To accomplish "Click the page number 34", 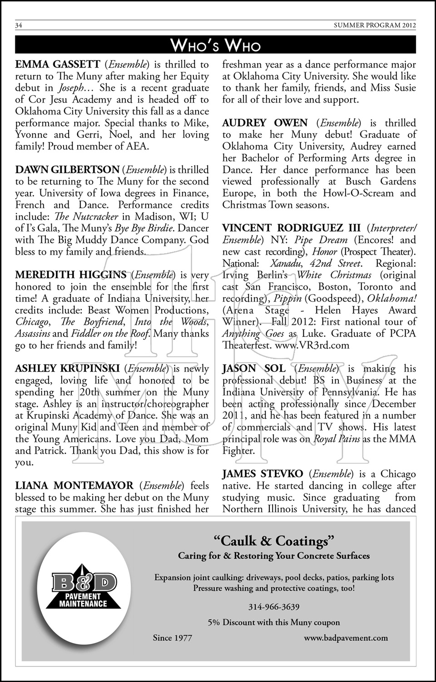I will pyautogui.click(x=19, y=25).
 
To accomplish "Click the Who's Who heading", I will pyautogui.click(x=215, y=45).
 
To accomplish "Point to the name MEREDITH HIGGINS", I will pyautogui.click(x=71, y=275).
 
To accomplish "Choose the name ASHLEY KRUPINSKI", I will pyautogui.click(x=67, y=369).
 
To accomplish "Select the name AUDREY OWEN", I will pyautogui.click(x=265, y=123).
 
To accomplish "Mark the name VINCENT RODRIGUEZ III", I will pyautogui.click(x=291, y=228).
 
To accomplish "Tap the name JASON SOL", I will pyautogui.click(x=254, y=369).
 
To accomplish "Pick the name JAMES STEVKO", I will pyautogui.click(x=263, y=474).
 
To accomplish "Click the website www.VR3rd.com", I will pyautogui.click(x=312, y=345).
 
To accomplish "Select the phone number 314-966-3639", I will pyautogui.click(x=274, y=607).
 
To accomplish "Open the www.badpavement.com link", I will pyautogui.click(x=346, y=638).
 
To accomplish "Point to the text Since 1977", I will pyautogui.click(x=173, y=638).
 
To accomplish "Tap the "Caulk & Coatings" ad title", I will pyautogui.click(x=274, y=541).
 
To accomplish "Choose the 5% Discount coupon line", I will pyautogui.click(x=274, y=622).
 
